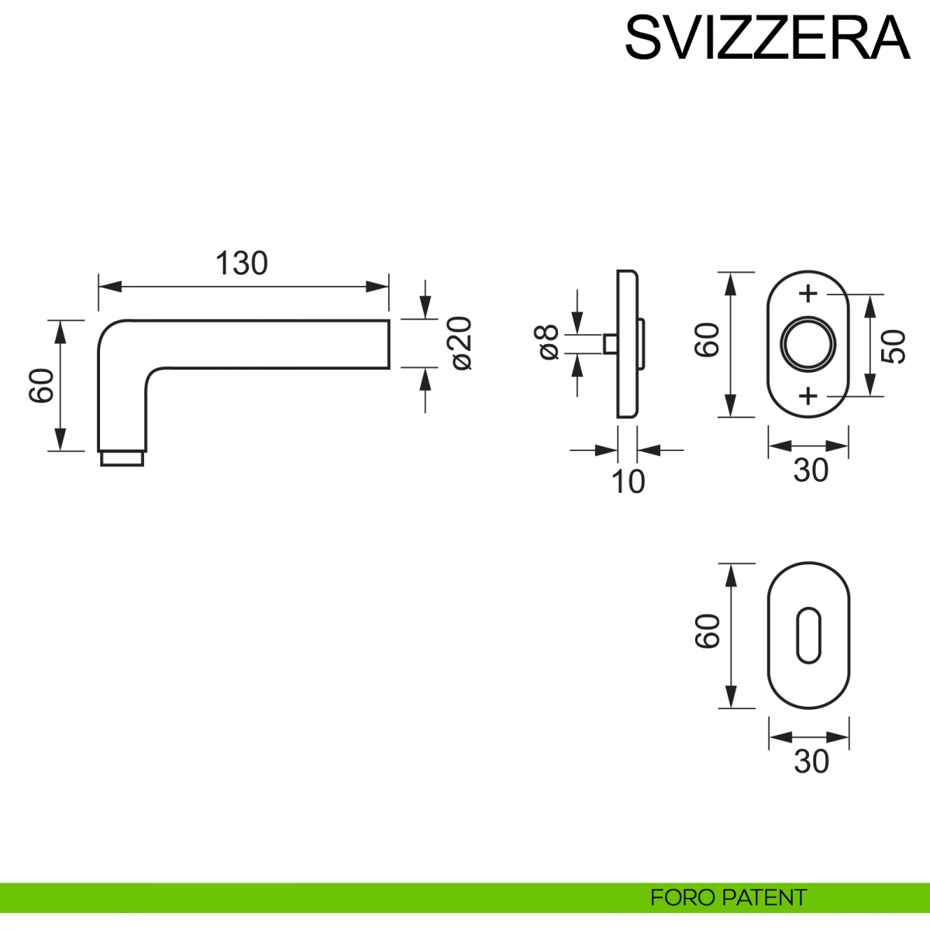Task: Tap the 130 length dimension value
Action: click(x=242, y=263)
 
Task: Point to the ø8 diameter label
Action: click(x=547, y=342)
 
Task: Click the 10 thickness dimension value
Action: click(x=628, y=482)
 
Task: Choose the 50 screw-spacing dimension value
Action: click(x=894, y=346)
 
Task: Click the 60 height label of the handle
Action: click(x=42, y=385)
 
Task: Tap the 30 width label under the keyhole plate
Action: click(x=811, y=762)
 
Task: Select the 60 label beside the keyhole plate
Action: click(x=708, y=632)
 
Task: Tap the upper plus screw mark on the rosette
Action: click(x=808, y=294)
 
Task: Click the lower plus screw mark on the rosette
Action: click(x=808, y=396)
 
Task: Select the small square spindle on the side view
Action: click(x=610, y=343)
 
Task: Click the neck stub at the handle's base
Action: click(x=122, y=459)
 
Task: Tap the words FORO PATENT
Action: click(x=728, y=897)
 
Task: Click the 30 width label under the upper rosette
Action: click(x=811, y=470)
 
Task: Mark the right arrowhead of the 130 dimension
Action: click(x=380, y=286)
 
